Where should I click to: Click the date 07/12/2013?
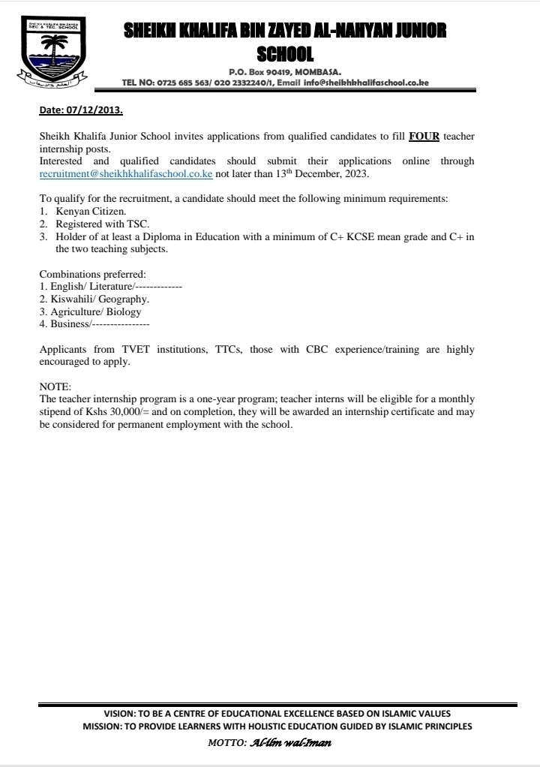pyautogui.click(x=94, y=110)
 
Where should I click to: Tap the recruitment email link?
pyautogui.click(x=126, y=173)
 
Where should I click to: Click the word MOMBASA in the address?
pyautogui.click(x=317, y=72)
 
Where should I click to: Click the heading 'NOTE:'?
pyautogui.click(x=55, y=386)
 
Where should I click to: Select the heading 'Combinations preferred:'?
pyautogui.click(x=93, y=274)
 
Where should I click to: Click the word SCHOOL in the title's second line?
pyautogui.click(x=284, y=53)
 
